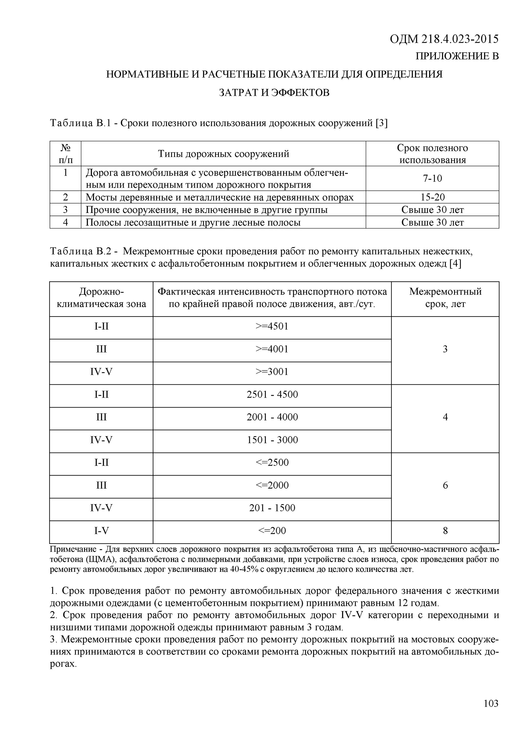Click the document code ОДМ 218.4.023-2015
444,39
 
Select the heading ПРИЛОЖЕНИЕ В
457,57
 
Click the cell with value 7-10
432,179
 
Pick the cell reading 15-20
432,197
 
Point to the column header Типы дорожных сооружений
223,154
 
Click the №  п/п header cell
65,154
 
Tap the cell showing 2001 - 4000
272,417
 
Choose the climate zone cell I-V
101,531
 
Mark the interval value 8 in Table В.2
445,531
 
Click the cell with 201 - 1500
272,508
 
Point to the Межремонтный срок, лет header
445,298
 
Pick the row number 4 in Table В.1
65,222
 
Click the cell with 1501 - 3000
272,440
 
